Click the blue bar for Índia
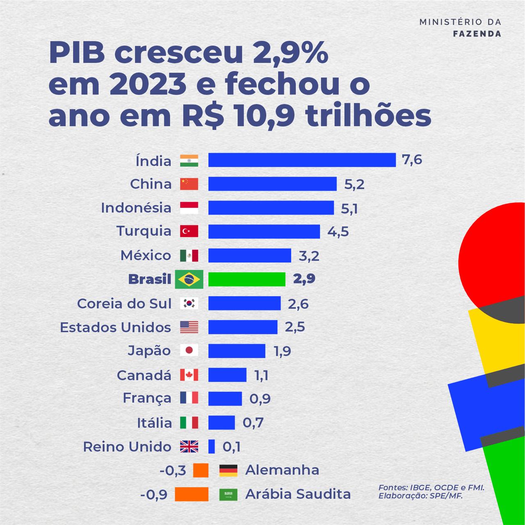[302, 160]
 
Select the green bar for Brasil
[247, 279]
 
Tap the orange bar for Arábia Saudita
[191, 494]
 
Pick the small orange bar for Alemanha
[201, 470]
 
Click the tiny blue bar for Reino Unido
[212, 446]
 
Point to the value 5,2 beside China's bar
[354, 185]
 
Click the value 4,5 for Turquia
[338, 232]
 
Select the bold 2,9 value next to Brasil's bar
[304, 279]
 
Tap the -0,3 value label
[173, 470]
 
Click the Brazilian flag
[189, 279]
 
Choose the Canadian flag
[189, 375]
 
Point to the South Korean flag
[189, 304]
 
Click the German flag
[228, 470]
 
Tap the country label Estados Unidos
[115, 327]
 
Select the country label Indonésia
[136, 208]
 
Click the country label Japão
[149, 351]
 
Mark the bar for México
[249, 256]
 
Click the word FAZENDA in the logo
[477, 34]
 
